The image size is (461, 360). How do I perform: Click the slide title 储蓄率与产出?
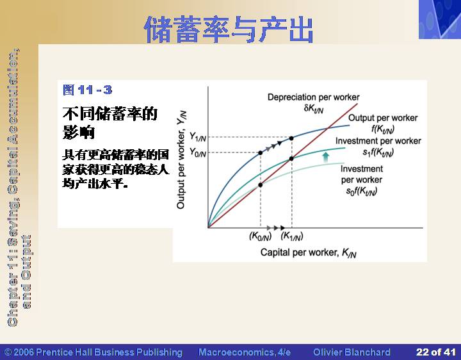pyautogui.click(x=229, y=29)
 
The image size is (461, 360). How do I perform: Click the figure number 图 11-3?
pyautogui.click(x=87, y=90)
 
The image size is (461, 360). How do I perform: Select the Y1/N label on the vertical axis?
pyautogui.click(x=198, y=136)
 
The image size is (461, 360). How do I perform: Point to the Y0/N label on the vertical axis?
pyautogui.click(x=198, y=152)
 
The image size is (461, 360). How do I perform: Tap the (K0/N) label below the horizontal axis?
pyautogui.click(x=261, y=236)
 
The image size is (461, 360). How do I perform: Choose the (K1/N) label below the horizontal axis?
pyautogui.click(x=292, y=236)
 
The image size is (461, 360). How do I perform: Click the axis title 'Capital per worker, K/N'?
pyautogui.click(x=309, y=252)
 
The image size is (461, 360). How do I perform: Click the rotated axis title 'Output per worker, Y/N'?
pyautogui.click(x=181, y=160)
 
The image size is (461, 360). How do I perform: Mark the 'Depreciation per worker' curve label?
pyautogui.click(x=313, y=97)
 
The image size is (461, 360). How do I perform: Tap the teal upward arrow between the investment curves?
pyautogui.click(x=326, y=157)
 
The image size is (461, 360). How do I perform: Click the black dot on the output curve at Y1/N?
pyautogui.click(x=291, y=138)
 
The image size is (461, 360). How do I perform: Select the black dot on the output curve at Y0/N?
pyautogui.click(x=260, y=153)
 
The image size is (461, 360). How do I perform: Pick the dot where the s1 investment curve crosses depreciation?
pyautogui.click(x=291, y=159)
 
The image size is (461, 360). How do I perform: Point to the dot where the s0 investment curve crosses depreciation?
pyautogui.click(x=260, y=185)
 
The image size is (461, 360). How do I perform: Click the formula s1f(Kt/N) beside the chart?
pyautogui.click(x=378, y=152)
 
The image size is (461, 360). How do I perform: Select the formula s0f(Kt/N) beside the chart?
pyautogui.click(x=362, y=192)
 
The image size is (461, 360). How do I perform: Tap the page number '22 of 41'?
pyautogui.click(x=436, y=352)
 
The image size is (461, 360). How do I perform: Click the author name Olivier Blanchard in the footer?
pyautogui.click(x=352, y=352)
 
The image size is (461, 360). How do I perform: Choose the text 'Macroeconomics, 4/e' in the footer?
pyautogui.click(x=245, y=352)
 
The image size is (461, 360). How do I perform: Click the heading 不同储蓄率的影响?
pyautogui.click(x=110, y=122)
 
